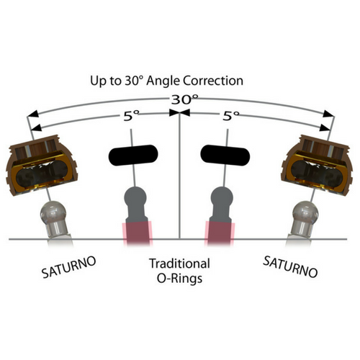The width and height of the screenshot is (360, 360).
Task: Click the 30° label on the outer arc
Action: (185, 99)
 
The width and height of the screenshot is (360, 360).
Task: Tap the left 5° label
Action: (131, 116)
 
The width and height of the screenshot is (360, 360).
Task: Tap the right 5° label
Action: (231, 116)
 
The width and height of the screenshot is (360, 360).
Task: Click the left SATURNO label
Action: (69, 267)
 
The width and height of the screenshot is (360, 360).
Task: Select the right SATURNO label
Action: (290, 266)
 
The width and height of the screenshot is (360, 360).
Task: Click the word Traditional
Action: (179, 264)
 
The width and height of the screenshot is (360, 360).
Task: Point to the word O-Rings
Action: (179, 279)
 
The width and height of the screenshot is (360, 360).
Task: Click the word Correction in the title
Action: (213, 81)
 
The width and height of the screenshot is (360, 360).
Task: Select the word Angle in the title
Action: (163, 81)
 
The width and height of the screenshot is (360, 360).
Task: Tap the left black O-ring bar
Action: (133, 155)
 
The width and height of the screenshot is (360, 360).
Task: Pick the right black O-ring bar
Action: (225, 155)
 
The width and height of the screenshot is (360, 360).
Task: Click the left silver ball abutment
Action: (54, 219)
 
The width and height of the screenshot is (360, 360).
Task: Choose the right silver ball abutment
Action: (305, 219)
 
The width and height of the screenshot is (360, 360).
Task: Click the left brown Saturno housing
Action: (42, 166)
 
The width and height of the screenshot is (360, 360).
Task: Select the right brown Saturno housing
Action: (317, 166)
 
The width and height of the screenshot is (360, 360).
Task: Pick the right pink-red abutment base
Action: (220, 233)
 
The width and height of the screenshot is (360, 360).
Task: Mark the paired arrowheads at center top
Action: (179, 112)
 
